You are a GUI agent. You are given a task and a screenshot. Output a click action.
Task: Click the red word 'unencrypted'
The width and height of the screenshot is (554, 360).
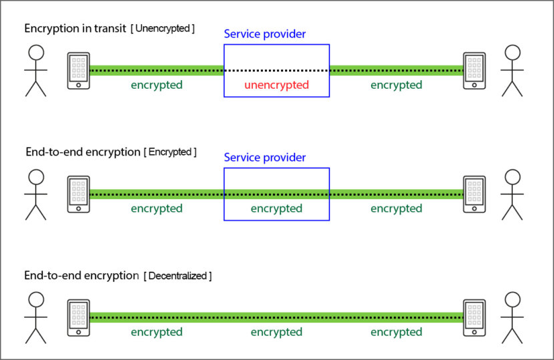click(x=276, y=85)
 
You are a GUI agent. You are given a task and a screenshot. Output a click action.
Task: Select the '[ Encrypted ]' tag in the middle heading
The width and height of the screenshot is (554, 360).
click(x=170, y=152)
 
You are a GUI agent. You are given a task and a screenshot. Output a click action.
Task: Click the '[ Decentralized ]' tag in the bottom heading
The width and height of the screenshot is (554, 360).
click(x=178, y=275)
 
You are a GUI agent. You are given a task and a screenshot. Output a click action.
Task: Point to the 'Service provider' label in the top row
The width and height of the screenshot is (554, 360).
click(x=264, y=33)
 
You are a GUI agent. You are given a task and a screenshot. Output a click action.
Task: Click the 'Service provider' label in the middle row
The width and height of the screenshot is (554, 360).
click(x=264, y=158)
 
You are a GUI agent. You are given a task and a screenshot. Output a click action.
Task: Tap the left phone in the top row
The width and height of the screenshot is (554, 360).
click(x=78, y=71)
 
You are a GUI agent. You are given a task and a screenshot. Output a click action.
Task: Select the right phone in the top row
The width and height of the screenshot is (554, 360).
click(x=475, y=71)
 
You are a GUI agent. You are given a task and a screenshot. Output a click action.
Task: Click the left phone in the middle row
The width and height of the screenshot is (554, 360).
click(x=78, y=194)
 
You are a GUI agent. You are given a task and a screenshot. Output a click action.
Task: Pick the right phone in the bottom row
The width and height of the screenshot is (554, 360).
click(x=475, y=318)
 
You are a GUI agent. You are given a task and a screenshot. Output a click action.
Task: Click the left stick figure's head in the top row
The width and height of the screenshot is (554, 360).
click(x=35, y=53)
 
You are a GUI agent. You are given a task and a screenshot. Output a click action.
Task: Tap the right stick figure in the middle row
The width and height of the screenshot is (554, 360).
click(x=512, y=194)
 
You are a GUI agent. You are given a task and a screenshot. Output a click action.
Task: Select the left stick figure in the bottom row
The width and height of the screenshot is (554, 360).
click(x=35, y=317)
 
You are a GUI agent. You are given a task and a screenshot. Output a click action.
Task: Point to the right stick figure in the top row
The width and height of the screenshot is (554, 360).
click(x=512, y=70)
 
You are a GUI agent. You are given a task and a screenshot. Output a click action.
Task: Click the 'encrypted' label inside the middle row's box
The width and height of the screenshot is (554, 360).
click(x=276, y=208)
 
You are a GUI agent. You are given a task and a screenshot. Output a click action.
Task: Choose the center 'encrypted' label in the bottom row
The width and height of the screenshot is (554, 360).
click(x=276, y=332)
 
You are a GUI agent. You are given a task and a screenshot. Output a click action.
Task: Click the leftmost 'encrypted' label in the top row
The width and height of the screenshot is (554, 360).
click(x=156, y=85)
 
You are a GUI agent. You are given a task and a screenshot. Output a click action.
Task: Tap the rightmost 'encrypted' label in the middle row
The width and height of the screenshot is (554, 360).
click(x=396, y=208)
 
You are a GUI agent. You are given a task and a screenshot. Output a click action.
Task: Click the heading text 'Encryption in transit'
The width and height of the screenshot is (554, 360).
click(x=75, y=29)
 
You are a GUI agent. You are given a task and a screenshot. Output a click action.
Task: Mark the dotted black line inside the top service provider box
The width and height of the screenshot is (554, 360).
click(x=276, y=70)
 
